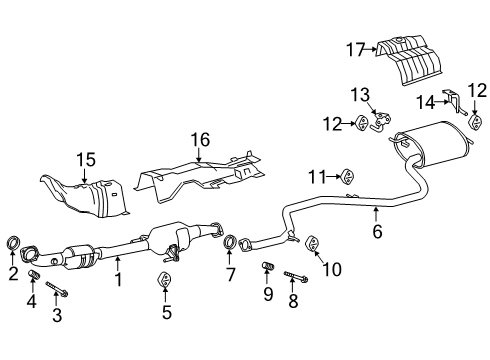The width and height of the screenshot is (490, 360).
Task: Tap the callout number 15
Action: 86,158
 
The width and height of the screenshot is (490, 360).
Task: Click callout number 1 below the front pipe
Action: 118,281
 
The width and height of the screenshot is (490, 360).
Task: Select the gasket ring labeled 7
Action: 230,242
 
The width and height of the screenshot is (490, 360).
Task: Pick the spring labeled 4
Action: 32,275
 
